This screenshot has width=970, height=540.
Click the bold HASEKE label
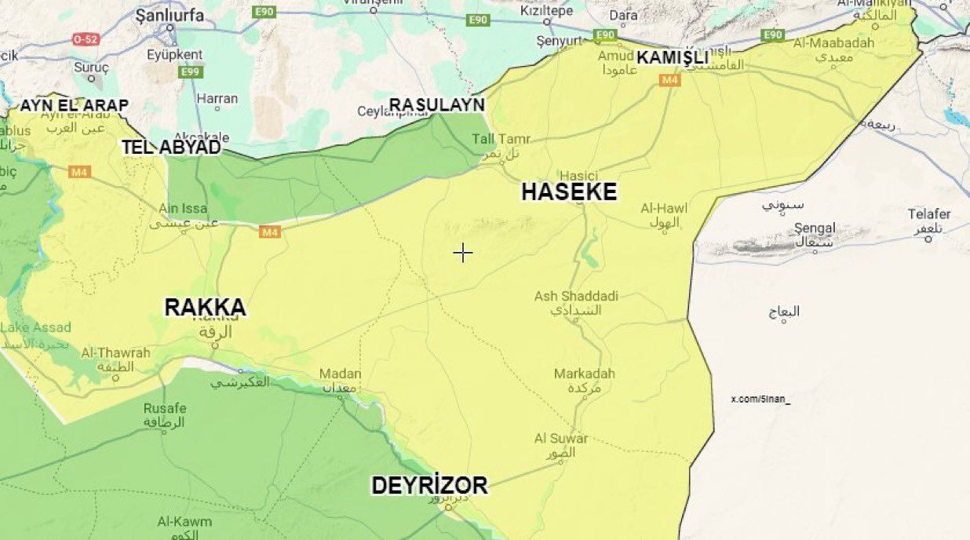pos(569,192)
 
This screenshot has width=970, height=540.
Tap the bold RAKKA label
pos(205,308)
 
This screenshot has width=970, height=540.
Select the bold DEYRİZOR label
pos(429,486)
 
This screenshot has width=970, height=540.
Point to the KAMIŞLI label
pos(673,57)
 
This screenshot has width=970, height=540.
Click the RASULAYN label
pos(437,104)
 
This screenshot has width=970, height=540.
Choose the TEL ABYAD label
pos(170,147)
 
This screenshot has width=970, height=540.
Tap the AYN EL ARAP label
pos(74,105)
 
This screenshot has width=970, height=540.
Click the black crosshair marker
pos(463,252)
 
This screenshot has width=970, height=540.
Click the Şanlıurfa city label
pos(170,15)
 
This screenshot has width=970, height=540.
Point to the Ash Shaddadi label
pos(576,296)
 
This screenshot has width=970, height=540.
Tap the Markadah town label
pos(585,374)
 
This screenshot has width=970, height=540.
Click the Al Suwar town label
pos(561,439)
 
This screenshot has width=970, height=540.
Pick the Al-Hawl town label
pos(664,208)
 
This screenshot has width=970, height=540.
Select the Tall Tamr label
pos(501,139)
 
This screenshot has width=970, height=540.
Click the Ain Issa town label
pos(183,208)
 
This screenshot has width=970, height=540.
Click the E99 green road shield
pos(190,72)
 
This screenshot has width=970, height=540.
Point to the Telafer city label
pos(929,214)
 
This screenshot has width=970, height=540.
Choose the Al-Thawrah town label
pos(115,353)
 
